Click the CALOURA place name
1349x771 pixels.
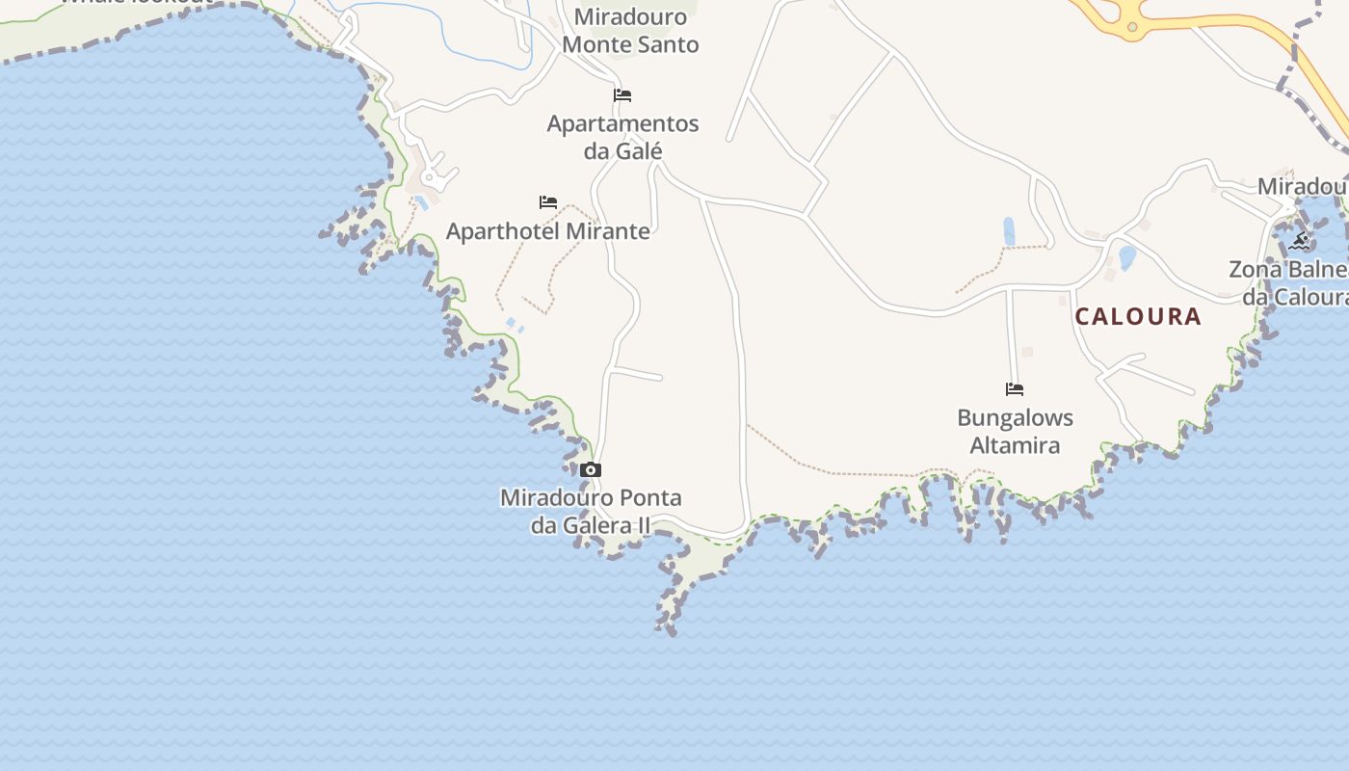pyautogui.click(x=1138, y=316)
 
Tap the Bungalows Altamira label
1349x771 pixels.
pyautogui.click(x=1015, y=432)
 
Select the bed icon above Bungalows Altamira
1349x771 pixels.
pyautogui.click(x=1015, y=389)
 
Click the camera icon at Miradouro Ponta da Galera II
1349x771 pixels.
pyautogui.click(x=591, y=470)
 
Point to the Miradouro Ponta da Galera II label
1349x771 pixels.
pyautogui.click(x=591, y=512)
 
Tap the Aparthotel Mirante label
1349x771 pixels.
pyautogui.click(x=547, y=231)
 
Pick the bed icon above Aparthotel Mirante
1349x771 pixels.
pyautogui.click(x=548, y=202)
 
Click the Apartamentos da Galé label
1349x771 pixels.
pyautogui.click(x=622, y=137)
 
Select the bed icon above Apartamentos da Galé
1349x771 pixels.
pyautogui.click(x=622, y=95)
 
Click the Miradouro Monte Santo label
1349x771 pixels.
pyautogui.click(x=630, y=31)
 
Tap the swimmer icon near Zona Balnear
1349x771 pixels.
pyautogui.click(x=1300, y=241)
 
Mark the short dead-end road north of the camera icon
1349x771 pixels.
pyautogui.click(x=636, y=374)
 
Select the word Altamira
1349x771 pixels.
pyautogui.click(x=1015, y=445)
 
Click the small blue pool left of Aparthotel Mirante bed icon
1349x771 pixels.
pyautogui.click(x=420, y=203)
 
